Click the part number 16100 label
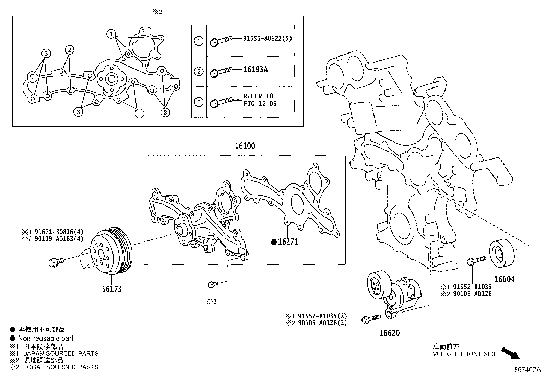tap(245, 146)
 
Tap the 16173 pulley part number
tap(111, 289)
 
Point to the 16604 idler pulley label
tap(504, 279)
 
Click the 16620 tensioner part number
tap(390, 333)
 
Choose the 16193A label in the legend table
tap(255, 69)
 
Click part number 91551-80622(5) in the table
tap(267, 39)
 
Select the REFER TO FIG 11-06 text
tap(260, 100)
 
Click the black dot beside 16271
tap(274, 242)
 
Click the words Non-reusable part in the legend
tap(46, 338)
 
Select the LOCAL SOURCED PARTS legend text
tap(61, 367)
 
